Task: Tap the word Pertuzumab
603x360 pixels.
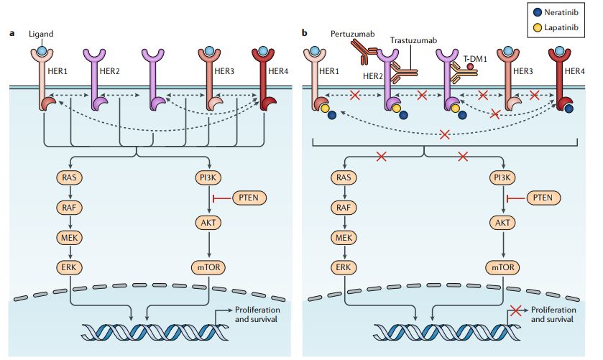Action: click(351, 34)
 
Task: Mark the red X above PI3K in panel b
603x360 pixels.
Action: click(464, 155)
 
